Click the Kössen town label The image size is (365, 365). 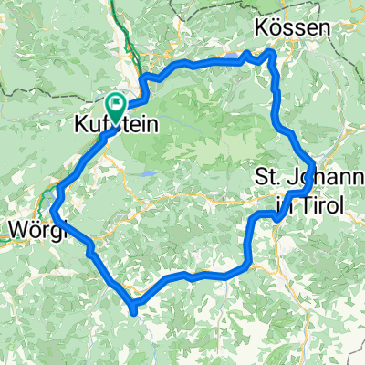(291, 28)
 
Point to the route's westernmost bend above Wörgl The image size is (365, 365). (54, 207)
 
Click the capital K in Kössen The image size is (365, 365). (263, 28)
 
